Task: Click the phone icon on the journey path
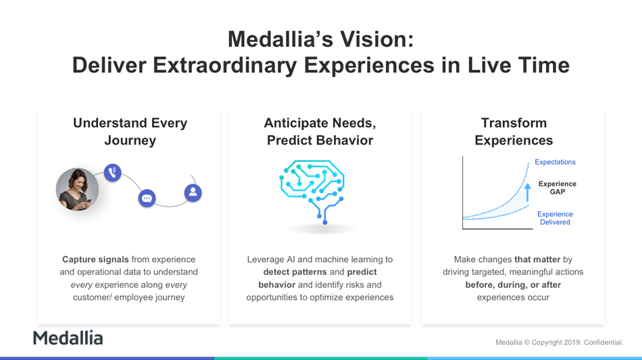click(x=113, y=173)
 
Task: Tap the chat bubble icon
click(x=147, y=199)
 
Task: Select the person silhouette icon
click(x=193, y=192)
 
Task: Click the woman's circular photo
click(x=78, y=189)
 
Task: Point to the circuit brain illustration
click(x=312, y=191)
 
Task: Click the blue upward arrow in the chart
click(x=528, y=192)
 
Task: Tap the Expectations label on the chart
click(x=555, y=162)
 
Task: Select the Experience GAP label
click(x=558, y=188)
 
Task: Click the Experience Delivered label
click(x=555, y=218)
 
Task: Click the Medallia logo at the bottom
click(x=68, y=338)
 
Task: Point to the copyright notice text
click(x=560, y=342)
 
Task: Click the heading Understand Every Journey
click(x=130, y=131)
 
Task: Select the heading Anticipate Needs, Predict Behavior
click(x=320, y=131)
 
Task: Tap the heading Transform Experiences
click(x=514, y=131)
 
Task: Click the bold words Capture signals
click(x=95, y=259)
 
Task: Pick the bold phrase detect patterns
click(x=295, y=272)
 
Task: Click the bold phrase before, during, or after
click(x=513, y=285)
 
